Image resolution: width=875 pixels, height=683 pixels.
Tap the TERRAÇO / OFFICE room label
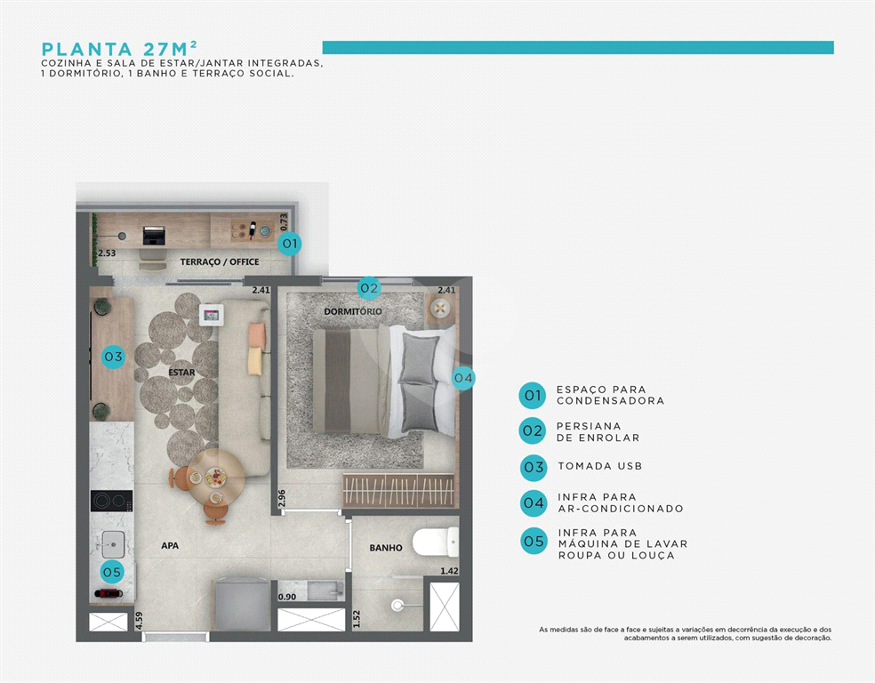(x=220, y=261)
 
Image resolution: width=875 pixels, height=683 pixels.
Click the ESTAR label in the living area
(x=182, y=373)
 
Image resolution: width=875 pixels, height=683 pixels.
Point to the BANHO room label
(x=386, y=548)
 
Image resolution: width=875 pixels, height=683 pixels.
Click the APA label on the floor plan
(x=170, y=545)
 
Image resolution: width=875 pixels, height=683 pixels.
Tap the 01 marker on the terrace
(x=289, y=243)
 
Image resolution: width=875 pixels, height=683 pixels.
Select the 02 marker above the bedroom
(x=369, y=288)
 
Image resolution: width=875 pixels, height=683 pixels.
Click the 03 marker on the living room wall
(x=113, y=357)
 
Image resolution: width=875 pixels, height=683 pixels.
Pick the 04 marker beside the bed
(x=462, y=378)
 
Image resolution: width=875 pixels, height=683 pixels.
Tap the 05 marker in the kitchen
(x=112, y=572)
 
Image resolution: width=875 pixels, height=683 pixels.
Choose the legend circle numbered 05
(x=534, y=541)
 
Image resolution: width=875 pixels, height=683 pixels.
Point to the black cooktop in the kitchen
(x=111, y=501)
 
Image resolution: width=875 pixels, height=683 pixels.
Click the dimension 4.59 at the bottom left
(x=139, y=620)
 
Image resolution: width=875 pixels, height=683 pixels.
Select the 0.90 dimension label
(x=288, y=597)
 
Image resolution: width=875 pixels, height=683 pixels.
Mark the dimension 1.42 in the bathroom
(x=449, y=571)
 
